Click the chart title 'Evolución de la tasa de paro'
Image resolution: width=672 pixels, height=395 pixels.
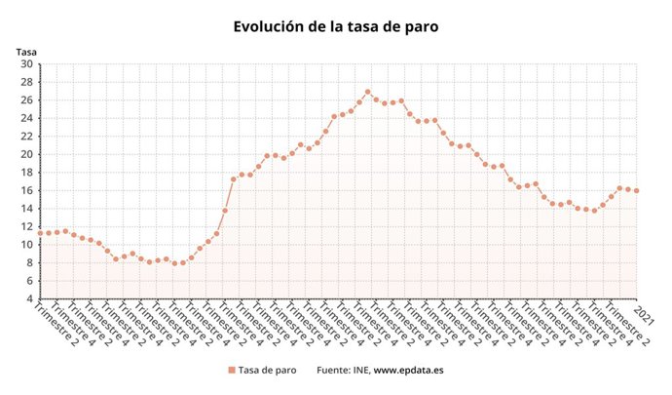pyautogui.click(x=336, y=26)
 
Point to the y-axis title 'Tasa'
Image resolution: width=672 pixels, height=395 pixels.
pyautogui.click(x=26, y=52)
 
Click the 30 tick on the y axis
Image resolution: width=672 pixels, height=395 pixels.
pyautogui.click(x=27, y=64)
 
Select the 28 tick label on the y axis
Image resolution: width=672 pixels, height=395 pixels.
pyautogui.click(x=27, y=82)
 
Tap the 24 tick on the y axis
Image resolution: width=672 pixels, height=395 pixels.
pyautogui.click(x=27, y=118)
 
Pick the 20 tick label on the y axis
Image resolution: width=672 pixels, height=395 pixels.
pyautogui.click(x=27, y=154)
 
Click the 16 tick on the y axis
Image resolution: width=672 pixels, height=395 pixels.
pyautogui.click(x=27, y=190)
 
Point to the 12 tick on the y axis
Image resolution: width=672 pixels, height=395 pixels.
pyautogui.click(x=27, y=226)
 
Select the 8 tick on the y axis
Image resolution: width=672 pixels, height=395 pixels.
pyautogui.click(x=30, y=262)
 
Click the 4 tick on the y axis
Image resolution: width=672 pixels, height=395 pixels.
pyautogui.click(x=30, y=298)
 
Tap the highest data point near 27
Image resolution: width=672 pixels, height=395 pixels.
pyautogui.click(x=368, y=93)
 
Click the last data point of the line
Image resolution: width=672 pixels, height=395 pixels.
pyautogui.click(x=637, y=190)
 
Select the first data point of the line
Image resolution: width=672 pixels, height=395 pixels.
pyautogui.click(x=40, y=233)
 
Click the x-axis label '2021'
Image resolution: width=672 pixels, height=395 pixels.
pyautogui.click(x=643, y=314)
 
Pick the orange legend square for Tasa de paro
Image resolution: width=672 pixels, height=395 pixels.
pyautogui.click(x=231, y=371)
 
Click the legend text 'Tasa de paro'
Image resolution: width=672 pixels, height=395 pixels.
pyautogui.click(x=267, y=371)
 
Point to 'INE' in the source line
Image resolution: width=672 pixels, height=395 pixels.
pyautogui.click(x=360, y=371)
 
